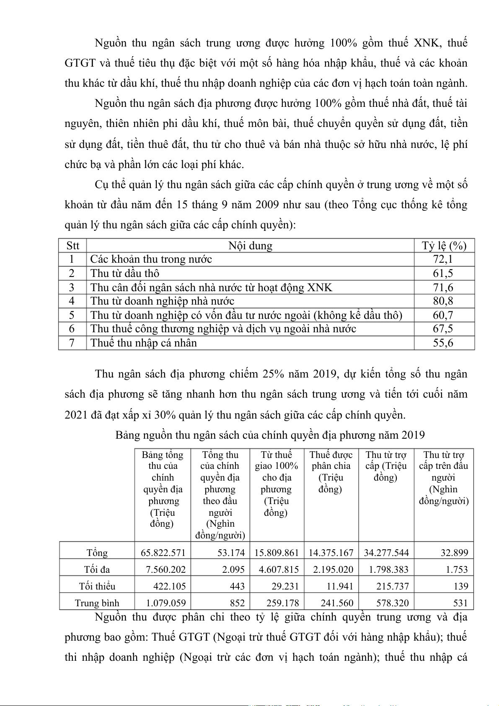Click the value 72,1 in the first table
click(443, 259)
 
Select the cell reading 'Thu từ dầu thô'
click(125, 274)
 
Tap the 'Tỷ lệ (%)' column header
click(444, 246)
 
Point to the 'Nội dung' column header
click(250, 246)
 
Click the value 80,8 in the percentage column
click(443, 301)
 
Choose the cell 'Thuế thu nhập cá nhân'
click(144, 343)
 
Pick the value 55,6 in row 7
click(443, 343)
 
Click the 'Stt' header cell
click(72, 246)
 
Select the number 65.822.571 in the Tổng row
click(163, 553)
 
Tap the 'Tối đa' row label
click(97, 569)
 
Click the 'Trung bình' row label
click(97, 603)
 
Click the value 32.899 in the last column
click(454, 553)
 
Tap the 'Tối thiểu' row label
click(97, 586)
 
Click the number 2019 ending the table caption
click(413, 435)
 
